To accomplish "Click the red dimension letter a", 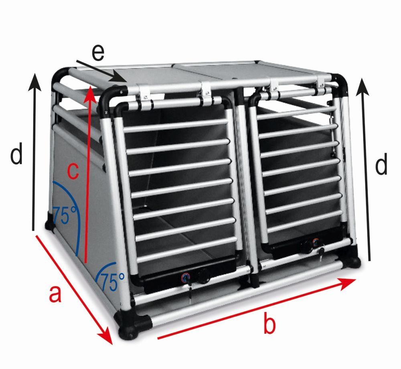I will tap(55, 294).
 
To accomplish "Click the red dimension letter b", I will tap(269, 324).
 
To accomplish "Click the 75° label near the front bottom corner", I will tap(112, 281).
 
